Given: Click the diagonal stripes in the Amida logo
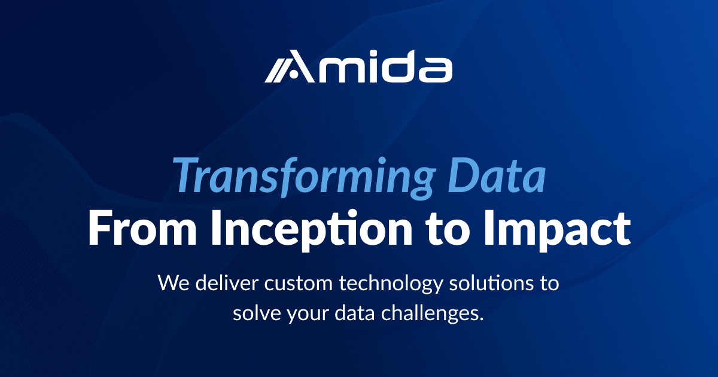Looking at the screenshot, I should point(278,70).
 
